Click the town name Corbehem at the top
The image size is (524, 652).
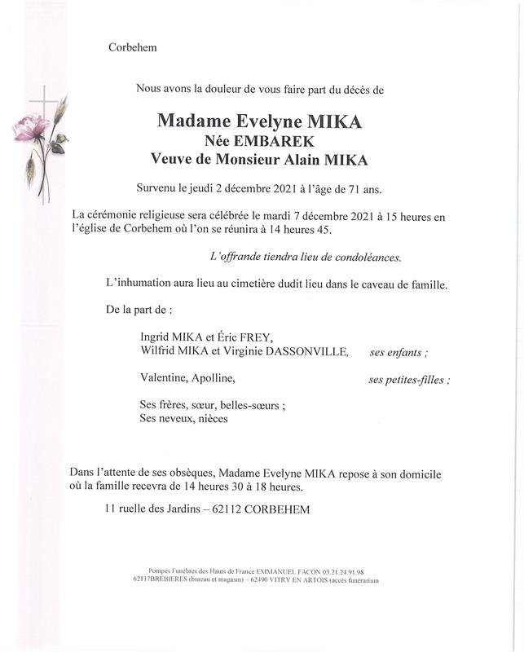(132, 47)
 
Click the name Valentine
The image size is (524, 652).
(163, 378)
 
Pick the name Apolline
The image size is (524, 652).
(214, 378)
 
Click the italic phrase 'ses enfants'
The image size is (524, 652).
(399, 352)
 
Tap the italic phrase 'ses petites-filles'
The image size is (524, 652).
(408, 379)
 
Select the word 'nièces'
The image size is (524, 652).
(211, 419)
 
